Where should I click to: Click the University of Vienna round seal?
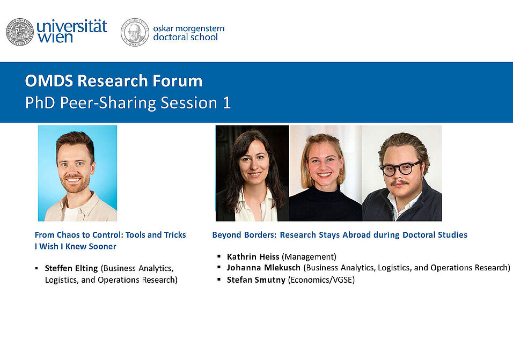[20, 32]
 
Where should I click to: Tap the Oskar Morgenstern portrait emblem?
[135, 32]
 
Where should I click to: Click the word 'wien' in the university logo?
[55, 37]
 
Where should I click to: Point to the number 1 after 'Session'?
[227, 102]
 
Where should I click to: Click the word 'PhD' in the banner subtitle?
[40, 102]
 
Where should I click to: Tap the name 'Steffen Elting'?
[71, 268]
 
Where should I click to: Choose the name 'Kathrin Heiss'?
[253, 256]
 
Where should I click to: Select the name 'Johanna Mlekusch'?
[263, 268]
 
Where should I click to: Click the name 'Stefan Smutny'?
[256, 280]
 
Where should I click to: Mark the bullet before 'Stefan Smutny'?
[219, 280]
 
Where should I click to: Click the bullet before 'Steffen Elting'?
[36, 268]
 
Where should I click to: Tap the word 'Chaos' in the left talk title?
[69, 235]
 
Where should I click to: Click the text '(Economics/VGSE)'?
[321, 280]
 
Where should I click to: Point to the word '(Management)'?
[309, 256]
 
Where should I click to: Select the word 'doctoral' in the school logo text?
[171, 37]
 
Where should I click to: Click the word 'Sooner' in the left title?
[104, 247]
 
